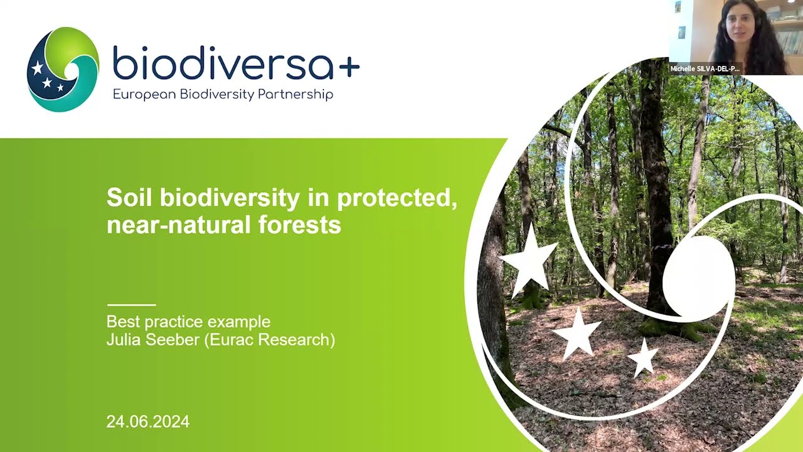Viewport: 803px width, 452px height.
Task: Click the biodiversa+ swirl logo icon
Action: point(63,69)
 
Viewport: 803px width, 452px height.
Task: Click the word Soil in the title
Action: point(130,198)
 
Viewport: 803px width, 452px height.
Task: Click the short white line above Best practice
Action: point(131,304)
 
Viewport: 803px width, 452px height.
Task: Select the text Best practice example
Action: point(188,322)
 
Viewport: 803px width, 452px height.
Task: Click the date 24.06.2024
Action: point(147,422)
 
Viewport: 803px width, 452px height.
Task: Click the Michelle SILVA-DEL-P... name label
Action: point(705,68)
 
